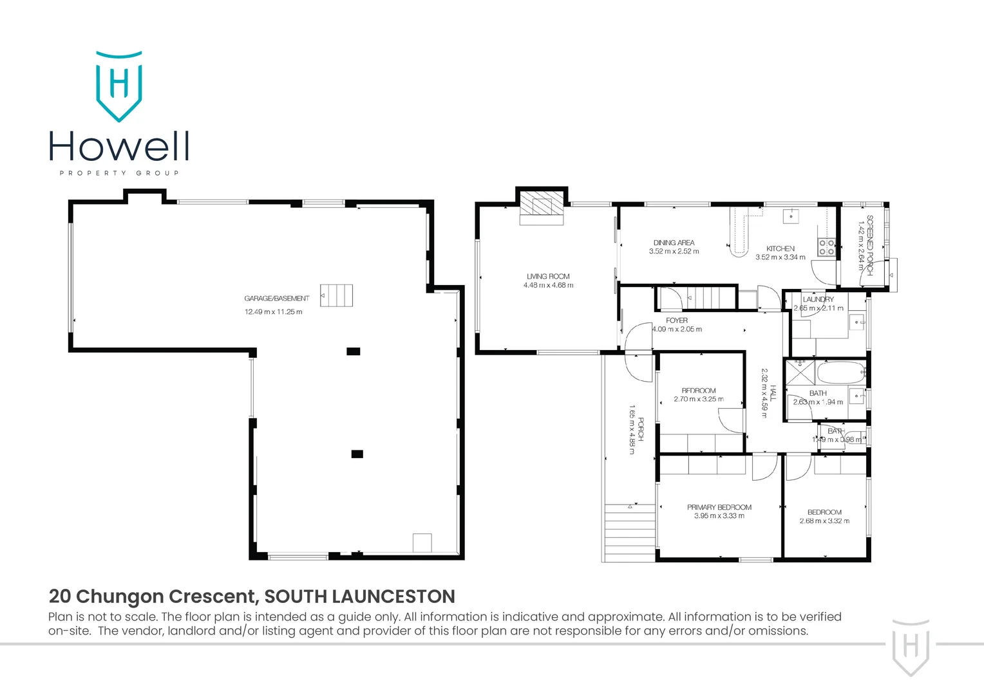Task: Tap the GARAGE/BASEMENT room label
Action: point(276,299)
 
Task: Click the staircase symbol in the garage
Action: point(337,295)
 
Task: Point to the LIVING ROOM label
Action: point(548,277)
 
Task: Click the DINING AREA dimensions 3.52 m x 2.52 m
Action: point(674,252)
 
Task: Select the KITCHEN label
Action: point(780,248)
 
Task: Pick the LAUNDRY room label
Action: point(818,299)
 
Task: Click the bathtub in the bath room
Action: point(831,372)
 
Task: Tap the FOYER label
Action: point(676,320)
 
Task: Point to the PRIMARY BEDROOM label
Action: point(719,507)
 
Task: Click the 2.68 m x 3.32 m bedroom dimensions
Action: point(824,521)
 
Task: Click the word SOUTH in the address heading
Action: point(298,597)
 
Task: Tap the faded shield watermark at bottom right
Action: point(911,647)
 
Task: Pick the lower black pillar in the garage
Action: point(357,454)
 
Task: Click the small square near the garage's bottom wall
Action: point(422,542)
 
